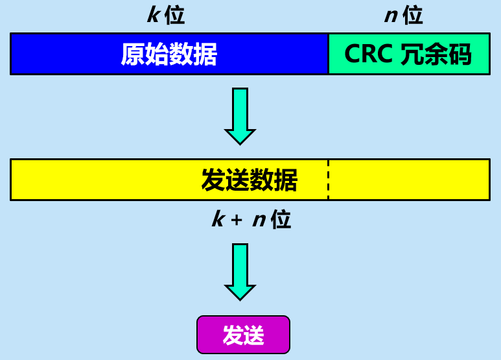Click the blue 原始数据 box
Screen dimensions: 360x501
pyautogui.click(x=169, y=54)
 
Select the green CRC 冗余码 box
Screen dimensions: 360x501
pyautogui.click(x=409, y=54)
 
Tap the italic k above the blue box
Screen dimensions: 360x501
pyautogui.click(x=153, y=15)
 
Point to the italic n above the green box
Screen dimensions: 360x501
pyautogui.click(x=390, y=15)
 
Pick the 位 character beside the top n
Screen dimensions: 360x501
pyautogui.click(x=413, y=15)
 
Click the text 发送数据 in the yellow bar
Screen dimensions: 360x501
pyautogui.click(x=249, y=180)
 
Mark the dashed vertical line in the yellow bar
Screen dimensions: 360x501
pyautogui.click(x=328, y=180)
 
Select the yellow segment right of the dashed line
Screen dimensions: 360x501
pyautogui.click(x=408, y=180)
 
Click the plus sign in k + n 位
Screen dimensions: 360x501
pyautogui.click(x=237, y=220)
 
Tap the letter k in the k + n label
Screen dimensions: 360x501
pyautogui.click(x=218, y=220)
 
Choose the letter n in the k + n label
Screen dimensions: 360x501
pyautogui.click(x=259, y=220)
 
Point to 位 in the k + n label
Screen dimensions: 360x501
pyautogui.click(x=281, y=220)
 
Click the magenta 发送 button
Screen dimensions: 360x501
pyautogui.click(x=243, y=335)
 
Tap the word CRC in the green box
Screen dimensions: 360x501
pyautogui.click(x=368, y=54)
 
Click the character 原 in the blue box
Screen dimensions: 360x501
pyautogui.click(x=132, y=54)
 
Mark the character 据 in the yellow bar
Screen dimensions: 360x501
pyautogui.click(x=286, y=180)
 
